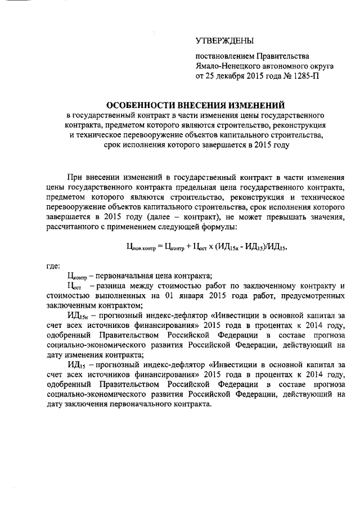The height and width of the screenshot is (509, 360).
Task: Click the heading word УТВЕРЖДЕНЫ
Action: tap(224, 40)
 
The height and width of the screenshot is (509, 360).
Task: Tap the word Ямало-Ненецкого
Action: tap(225, 66)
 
